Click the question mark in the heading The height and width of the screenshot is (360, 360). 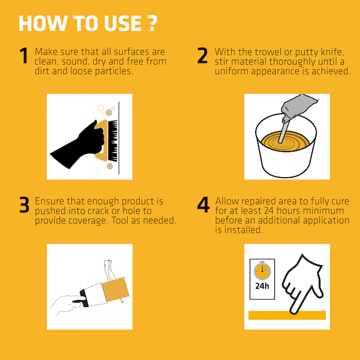(153, 23)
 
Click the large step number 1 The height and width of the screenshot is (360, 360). (24, 55)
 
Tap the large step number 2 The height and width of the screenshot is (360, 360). (202, 55)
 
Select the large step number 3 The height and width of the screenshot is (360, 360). (24, 205)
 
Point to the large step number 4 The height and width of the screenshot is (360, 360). (203, 205)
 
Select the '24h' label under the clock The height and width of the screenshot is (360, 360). (262, 286)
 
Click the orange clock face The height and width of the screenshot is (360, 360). (262, 271)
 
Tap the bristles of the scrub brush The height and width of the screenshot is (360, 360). (113, 140)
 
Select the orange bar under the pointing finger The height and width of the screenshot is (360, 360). (287, 315)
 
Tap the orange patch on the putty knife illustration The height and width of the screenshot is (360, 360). (115, 290)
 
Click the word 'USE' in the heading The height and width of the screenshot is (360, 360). (123, 23)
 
